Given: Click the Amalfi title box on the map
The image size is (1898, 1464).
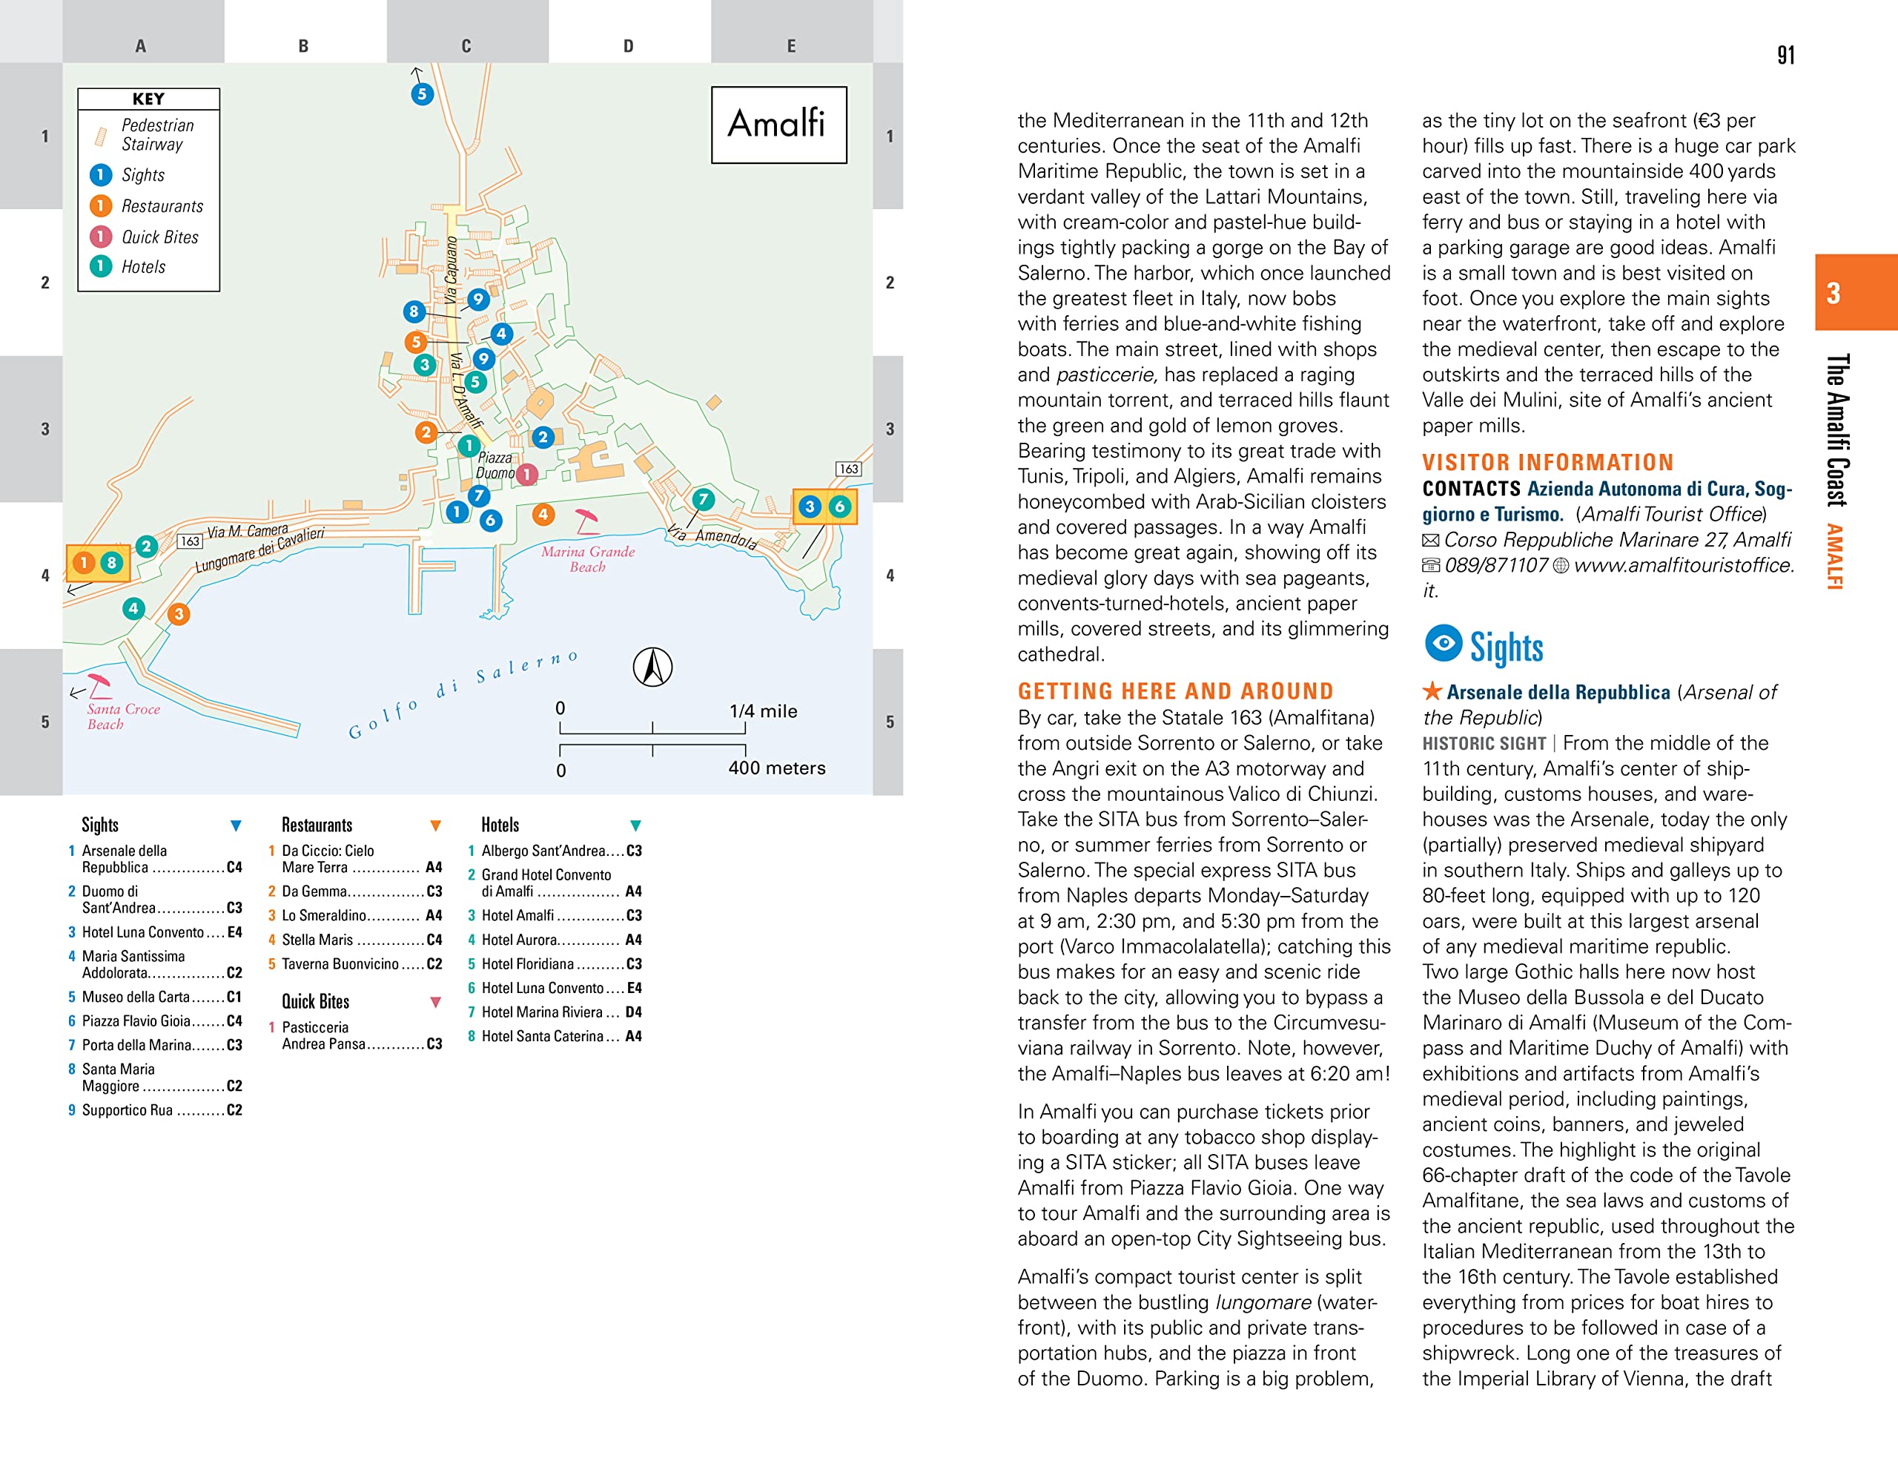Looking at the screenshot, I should pyautogui.click(x=778, y=125).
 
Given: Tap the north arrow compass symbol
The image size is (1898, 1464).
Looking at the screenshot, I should pyautogui.click(x=652, y=667).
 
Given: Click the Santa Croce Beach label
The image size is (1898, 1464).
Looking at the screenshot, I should pyautogui.click(x=122, y=716).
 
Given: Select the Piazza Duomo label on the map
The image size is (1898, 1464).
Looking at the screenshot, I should pyautogui.click(x=495, y=465).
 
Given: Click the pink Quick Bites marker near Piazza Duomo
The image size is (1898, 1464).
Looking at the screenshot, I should pyautogui.click(x=526, y=474).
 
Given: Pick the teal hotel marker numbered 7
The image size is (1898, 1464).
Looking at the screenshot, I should pyautogui.click(x=703, y=499).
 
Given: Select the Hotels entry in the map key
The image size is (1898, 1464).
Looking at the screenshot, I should pyautogui.click(x=143, y=267).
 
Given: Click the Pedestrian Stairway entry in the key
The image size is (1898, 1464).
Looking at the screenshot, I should pyautogui.click(x=156, y=135).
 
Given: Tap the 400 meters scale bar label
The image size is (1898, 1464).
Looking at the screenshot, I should pyautogui.click(x=776, y=768).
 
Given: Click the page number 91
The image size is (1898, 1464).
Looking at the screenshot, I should pyautogui.click(x=1785, y=56).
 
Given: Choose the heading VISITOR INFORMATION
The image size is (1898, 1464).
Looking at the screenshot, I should pyautogui.click(x=1547, y=463).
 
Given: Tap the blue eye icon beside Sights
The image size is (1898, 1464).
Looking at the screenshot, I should pyautogui.click(x=1443, y=643).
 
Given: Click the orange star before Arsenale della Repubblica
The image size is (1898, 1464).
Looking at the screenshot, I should pyautogui.click(x=1432, y=691).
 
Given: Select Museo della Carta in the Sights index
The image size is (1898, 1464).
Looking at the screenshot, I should pyautogui.click(x=136, y=998).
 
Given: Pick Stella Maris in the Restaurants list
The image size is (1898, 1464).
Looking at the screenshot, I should pyautogui.click(x=317, y=940).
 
